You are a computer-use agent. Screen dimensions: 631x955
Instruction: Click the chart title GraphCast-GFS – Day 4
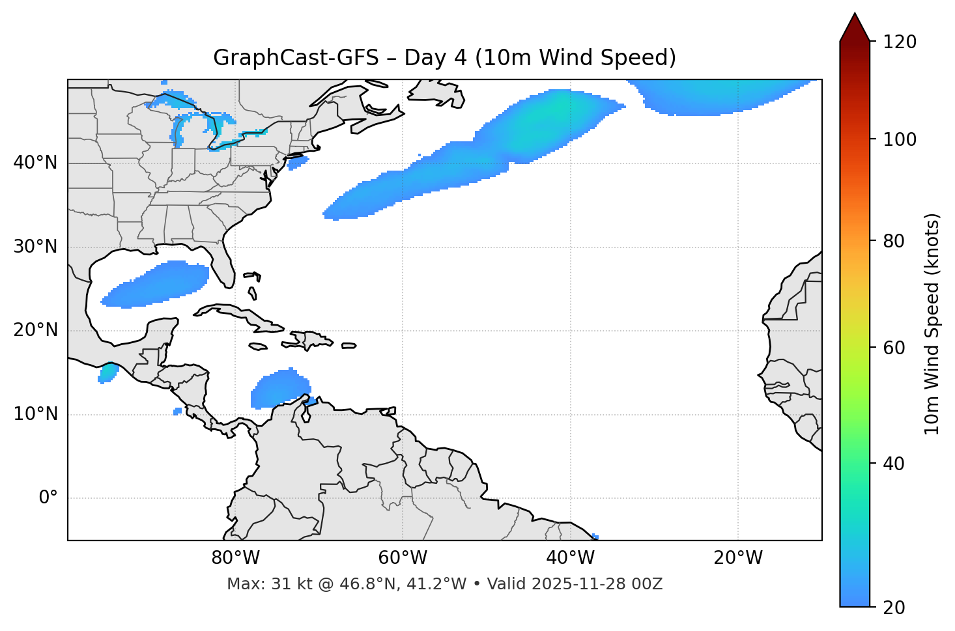(444, 58)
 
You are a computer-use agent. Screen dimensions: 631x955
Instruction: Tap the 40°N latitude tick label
(35, 163)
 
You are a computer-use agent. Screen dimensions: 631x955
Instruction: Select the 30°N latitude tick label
(35, 247)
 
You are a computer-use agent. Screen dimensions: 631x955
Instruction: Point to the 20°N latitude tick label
(35, 330)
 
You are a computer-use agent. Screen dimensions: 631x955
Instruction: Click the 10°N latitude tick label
(35, 414)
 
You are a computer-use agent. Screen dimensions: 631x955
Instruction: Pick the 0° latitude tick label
(48, 498)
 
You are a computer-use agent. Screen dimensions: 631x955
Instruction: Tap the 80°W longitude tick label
(235, 558)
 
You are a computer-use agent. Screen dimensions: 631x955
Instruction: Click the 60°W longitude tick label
(403, 558)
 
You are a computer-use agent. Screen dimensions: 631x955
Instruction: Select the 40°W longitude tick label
(570, 558)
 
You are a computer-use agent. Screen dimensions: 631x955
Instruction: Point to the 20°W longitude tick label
(737, 558)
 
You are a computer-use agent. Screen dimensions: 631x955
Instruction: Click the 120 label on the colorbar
(900, 42)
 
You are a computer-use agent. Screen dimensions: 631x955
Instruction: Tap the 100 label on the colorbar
(900, 139)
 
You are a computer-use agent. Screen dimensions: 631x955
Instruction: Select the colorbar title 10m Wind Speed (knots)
(932, 324)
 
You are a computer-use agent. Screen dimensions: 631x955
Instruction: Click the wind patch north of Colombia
(279, 389)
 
